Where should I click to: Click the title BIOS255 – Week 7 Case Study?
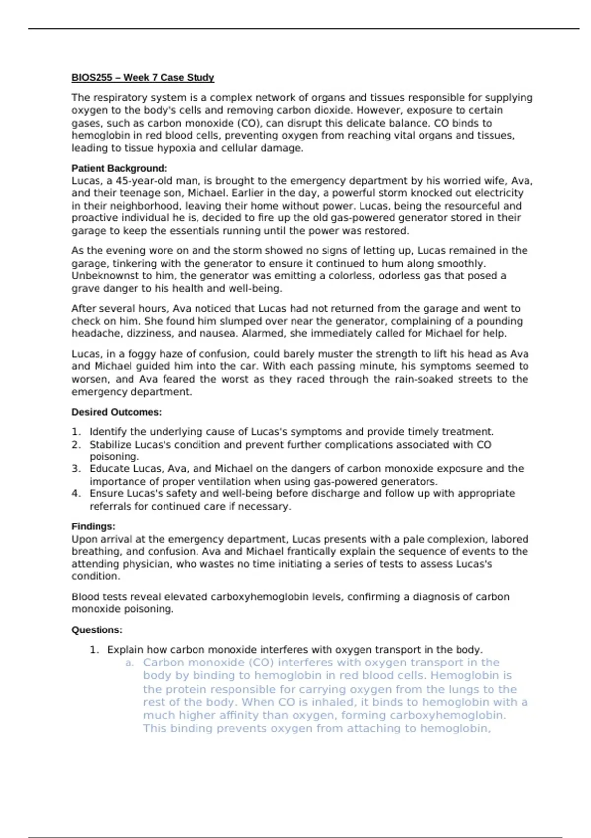coord(143,77)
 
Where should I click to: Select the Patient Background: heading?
coord(119,168)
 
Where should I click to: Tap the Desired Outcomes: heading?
coord(116,412)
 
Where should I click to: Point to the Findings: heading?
coord(93,526)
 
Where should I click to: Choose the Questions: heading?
coord(97,630)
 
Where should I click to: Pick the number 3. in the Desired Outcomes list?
coord(76,469)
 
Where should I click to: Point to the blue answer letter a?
coord(130,663)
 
